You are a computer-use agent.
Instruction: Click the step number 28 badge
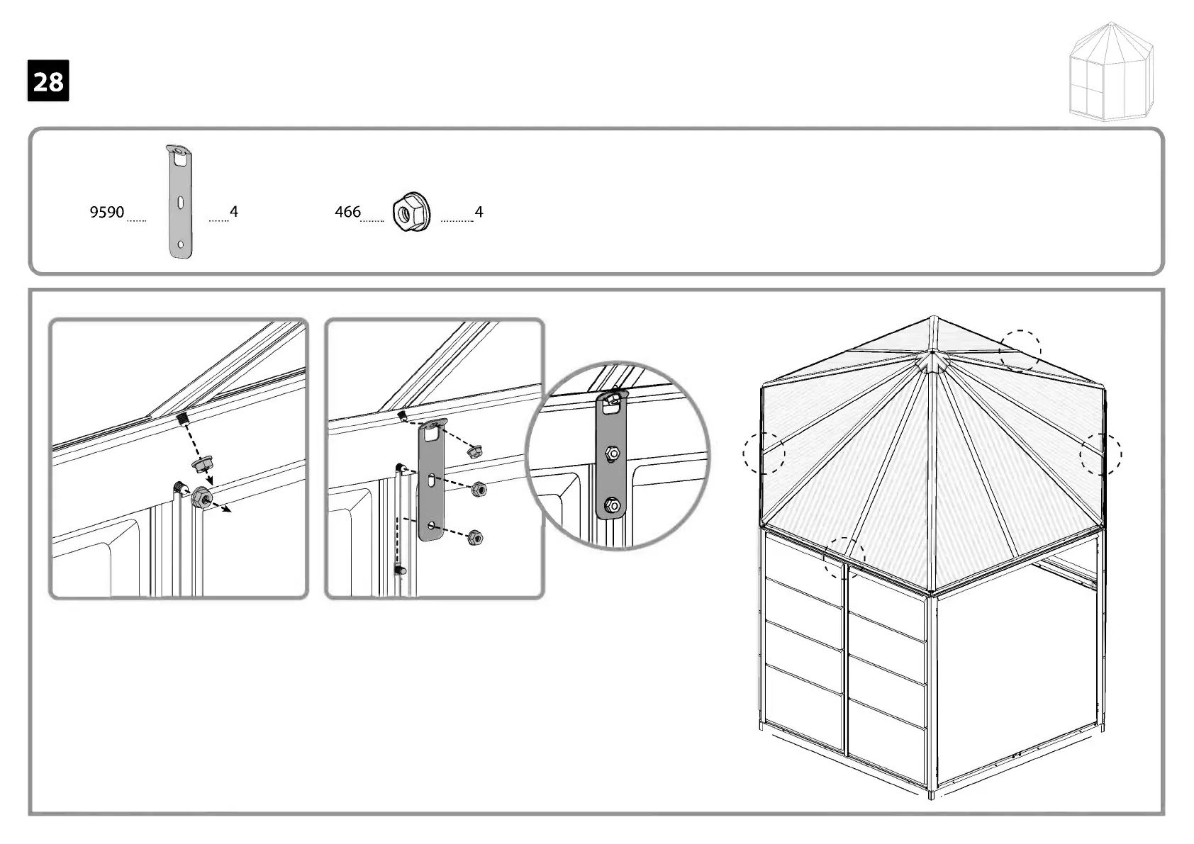(x=48, y=81)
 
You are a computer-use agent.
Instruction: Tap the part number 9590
(x=106, y=212)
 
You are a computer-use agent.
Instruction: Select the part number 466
(x=347, y=211)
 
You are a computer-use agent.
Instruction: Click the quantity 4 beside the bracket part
(x=234, y=211)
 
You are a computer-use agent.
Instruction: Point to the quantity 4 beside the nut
(x=479, y=211)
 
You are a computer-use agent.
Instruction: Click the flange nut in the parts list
(x=408, y=212)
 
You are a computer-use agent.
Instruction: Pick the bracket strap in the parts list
(x=182, y=202)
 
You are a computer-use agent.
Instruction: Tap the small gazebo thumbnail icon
(x=1111, y=71)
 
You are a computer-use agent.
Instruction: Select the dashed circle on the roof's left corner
(x=764, y=453)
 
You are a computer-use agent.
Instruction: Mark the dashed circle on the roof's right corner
(x=1100, y=454)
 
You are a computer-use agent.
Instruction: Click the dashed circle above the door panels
(x=844, y=558)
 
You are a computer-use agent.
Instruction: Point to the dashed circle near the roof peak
(x=1020, y=351)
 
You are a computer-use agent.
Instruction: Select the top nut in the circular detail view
(x=611, y=453)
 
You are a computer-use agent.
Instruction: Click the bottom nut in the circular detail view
(x=611, y=505)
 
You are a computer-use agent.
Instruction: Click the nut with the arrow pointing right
(x=201, y=497)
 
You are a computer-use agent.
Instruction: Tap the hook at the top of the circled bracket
(x=613, y=398)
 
